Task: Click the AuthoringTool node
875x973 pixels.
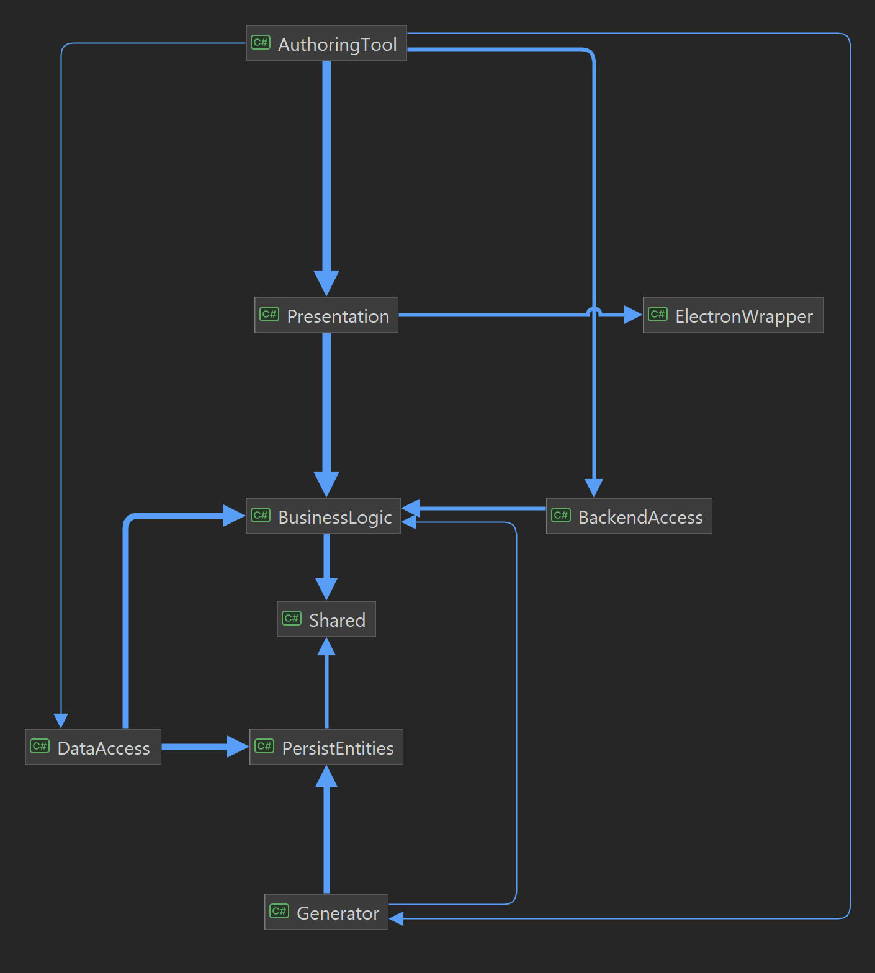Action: [x=326, y=43]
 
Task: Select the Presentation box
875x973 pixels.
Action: [x=326, y=315]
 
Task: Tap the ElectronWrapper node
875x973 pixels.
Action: [x=733, y=315]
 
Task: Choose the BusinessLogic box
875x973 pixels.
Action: [x=323, y=516]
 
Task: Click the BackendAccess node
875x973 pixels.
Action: [x=629, y=516]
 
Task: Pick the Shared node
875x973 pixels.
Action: [x=326, y=619]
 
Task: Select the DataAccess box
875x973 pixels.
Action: [x=93, y=747]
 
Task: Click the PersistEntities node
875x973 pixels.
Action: [x=326, y=747]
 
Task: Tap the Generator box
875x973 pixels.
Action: [x=326, y=912]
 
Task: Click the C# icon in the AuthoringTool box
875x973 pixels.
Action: [x=261, y=42]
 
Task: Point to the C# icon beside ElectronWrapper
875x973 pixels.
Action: [x=658, y=314]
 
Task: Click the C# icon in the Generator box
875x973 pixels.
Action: [x=279, y=911]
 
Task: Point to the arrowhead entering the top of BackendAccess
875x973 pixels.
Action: [x=594, y=488]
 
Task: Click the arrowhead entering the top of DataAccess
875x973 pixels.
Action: [x=61, y=720]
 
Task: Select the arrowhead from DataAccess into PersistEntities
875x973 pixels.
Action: [x=238, y=747]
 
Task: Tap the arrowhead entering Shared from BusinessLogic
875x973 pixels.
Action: [x=326, y=589]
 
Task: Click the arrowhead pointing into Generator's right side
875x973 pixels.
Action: [x=397, y=918]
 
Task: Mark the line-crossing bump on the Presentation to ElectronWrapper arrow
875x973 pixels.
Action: [x=594, y=311]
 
